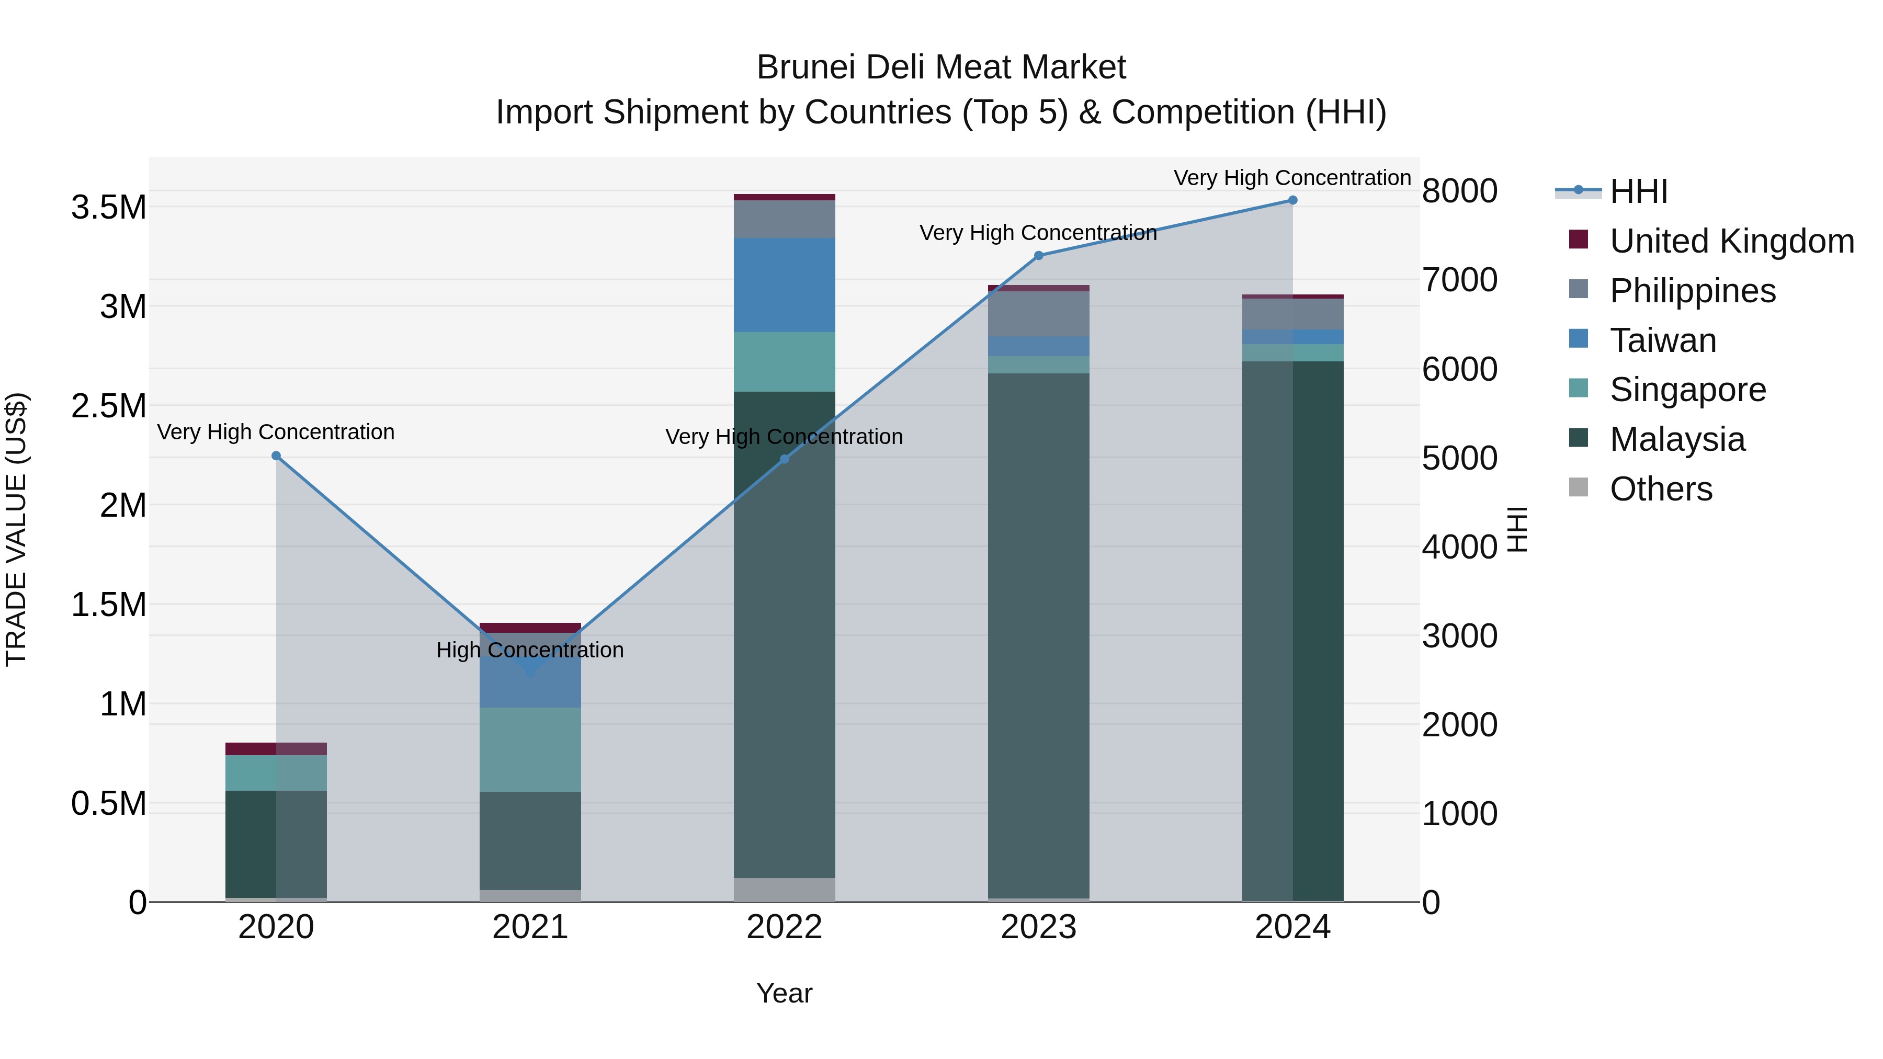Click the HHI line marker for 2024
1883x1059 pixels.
[1292, 200]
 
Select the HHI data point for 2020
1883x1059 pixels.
[276, 456]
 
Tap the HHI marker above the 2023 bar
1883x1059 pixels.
[1039, 256]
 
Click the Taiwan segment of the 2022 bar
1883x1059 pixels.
[785, 285]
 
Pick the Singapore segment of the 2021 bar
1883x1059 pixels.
[530, 749]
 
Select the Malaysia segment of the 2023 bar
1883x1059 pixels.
[1039, 636]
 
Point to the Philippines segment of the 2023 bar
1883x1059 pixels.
[1039, 314]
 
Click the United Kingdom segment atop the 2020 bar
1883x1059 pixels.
[276, 749]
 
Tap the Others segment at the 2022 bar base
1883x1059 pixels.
[785, 890]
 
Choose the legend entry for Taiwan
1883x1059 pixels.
[1663, 340]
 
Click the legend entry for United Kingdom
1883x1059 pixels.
[1731, 241]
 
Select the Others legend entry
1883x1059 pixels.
[1660, 489]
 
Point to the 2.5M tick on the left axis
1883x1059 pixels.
[109, 406]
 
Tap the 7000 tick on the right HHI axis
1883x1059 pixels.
[1459, 280]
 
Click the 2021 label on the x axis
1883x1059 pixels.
[530, 927]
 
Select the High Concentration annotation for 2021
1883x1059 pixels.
[530, 650]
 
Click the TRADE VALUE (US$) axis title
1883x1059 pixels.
[16, 529]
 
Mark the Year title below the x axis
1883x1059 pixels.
[785, 993]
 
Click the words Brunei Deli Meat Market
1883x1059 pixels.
[941, 67]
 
